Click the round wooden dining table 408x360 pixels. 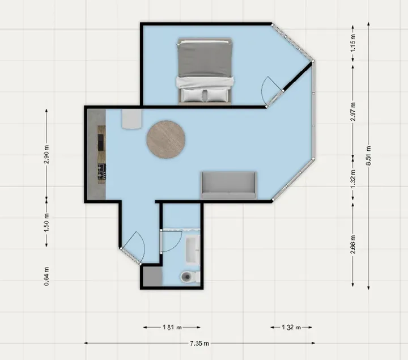(166, 139)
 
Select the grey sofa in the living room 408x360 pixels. (229, 187)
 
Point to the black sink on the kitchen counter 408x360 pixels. (101, 139)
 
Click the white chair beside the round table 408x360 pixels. (132, 120)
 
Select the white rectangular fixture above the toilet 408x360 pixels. (192, 250)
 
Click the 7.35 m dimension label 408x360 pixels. (199, 343)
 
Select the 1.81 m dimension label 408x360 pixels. (172, 327)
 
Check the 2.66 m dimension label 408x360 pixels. (353, 244)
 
